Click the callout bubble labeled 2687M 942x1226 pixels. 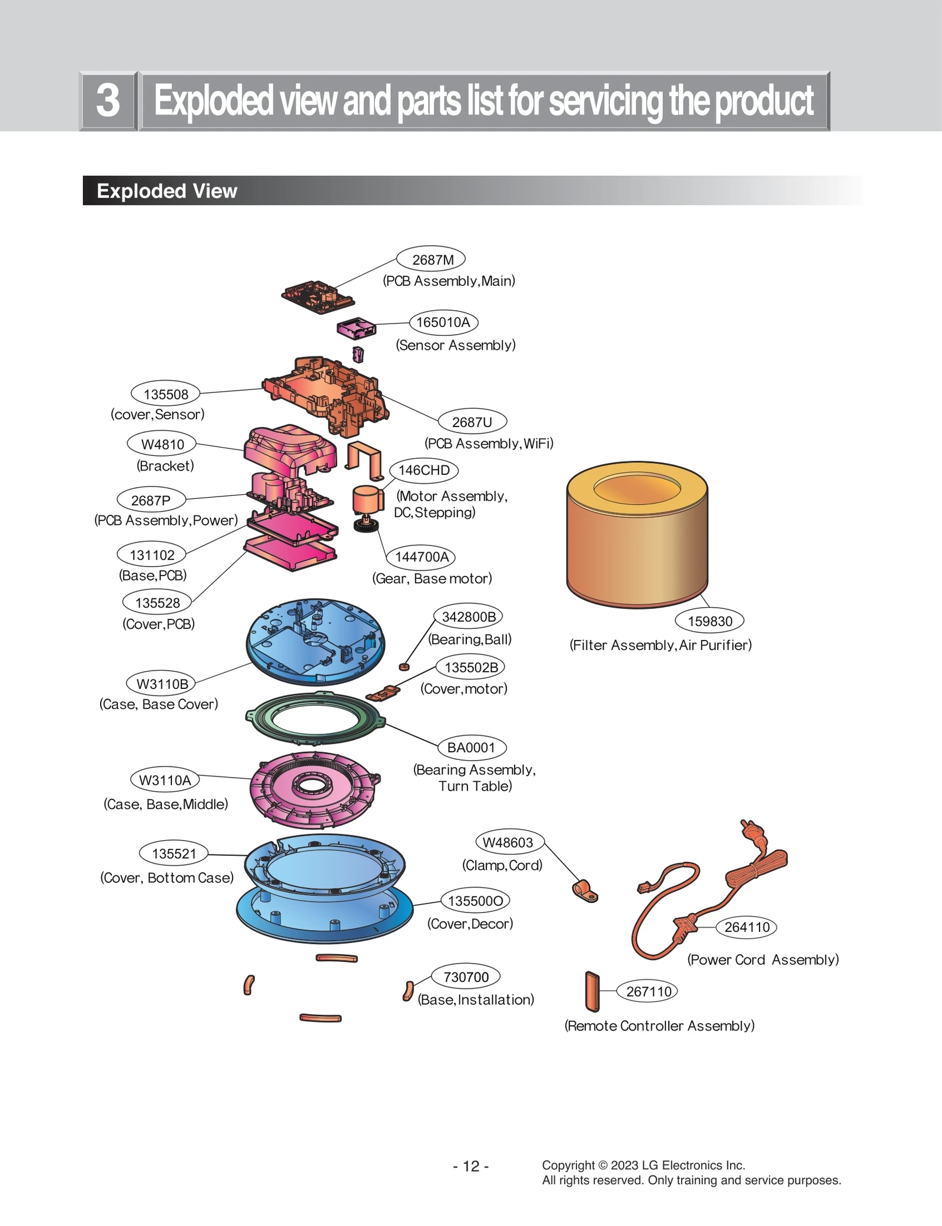pyautogui.click(x=431, y=259)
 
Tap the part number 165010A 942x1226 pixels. pyautogui.click(x=443, y=322)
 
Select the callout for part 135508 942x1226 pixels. pyautogui.click(x=165, y=394)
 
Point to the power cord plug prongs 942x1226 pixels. pyautogui.click(x=747, y=825)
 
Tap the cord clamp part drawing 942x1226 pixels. pyautogui.click(x=585, y=891)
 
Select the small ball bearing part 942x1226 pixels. pyautogui.click(x=404, y=667)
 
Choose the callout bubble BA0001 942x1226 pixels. pyautogui.click(x=472, y=748)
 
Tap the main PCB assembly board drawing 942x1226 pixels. pyautogui.click(x=317, y=296)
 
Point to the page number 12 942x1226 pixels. pyautogui.click(x=471, y=1166)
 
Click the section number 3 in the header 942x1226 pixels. pyautogui.click(x=108, y=101)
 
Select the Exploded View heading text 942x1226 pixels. pyautogui.click(x=167, y=191)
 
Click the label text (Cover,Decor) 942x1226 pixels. pyautogui.click(x=470, y=924)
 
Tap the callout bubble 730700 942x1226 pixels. pyautogui.click(x=466, y=977)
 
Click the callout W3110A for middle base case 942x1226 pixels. pyautogui.click(x=165, y=780)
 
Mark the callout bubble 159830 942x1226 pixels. pyautogui.click(x=709, y=621)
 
